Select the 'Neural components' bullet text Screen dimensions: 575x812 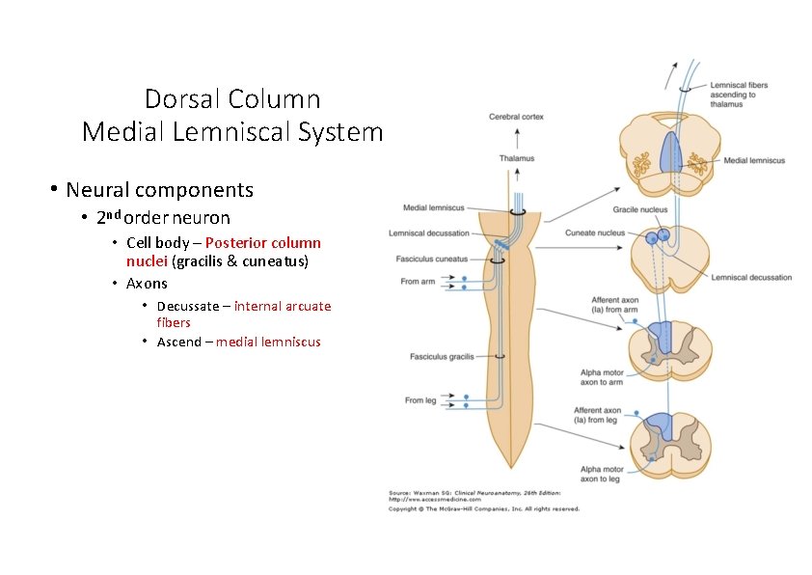(x=159, y=189)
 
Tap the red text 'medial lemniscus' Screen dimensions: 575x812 (x=268, y=342)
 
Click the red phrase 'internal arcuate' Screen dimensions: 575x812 (x=282, y=306)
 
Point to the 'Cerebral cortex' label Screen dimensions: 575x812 (x=516, y=117)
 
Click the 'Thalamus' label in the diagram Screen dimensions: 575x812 (x=516, y=158)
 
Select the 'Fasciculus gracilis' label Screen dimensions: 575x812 (x=441, y=357)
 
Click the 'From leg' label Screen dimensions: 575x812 (x=420, y=400)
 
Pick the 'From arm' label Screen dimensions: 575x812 (x=418, y=282)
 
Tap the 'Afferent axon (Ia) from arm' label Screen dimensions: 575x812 (x=614, y=306)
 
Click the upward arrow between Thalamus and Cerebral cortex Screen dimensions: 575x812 (x=517, y=137)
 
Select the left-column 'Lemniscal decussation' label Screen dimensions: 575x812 (x=428, y=233)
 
